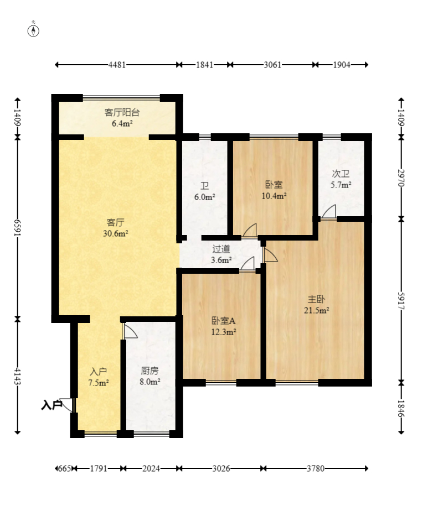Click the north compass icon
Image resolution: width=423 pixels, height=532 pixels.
click(x=33, y=30)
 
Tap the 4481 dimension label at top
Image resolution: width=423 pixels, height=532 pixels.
click(x=117, y=65)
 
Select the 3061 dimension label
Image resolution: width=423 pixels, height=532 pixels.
click(x=272, y=65)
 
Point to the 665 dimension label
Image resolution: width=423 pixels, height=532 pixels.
click(x=64, y=468)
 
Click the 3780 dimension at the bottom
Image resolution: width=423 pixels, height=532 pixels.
click(x=316, y=468)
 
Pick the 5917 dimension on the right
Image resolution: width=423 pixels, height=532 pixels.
click(x=401, y=301)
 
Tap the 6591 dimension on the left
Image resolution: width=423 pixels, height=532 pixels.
click(x=18, y=228)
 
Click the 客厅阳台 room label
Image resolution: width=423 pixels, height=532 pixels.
click(x=122, y=112)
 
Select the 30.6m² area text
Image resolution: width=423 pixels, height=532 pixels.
click(x=116, y=233)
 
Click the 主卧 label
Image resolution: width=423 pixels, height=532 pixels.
click(x=316, y=299)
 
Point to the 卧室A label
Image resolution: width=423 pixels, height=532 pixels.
click(x=224, y=321)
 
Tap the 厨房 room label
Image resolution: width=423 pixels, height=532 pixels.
click(x=150, y=371)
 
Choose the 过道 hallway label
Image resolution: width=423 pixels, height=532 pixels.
click(x=221, y=249)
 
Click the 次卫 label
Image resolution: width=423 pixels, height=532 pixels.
click(x=341, y=174)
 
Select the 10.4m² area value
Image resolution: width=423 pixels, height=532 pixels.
click(x=274, y=196)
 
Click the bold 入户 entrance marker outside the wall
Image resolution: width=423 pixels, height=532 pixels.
click(x=51, y=405)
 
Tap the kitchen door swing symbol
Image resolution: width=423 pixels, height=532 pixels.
click(x=130, y=331)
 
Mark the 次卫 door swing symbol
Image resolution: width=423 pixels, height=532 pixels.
click(x=329, y=212)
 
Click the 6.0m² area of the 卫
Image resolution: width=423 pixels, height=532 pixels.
click(x=204, y=197)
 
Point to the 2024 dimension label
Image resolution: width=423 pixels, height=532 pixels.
click(x=151, y=468)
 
